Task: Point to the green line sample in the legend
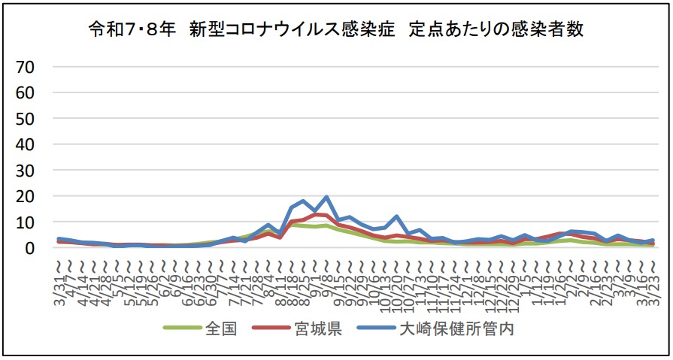(x=180, y=329)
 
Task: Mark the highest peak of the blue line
(x=327, y=198)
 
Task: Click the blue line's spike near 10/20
(x=396, y=216)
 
